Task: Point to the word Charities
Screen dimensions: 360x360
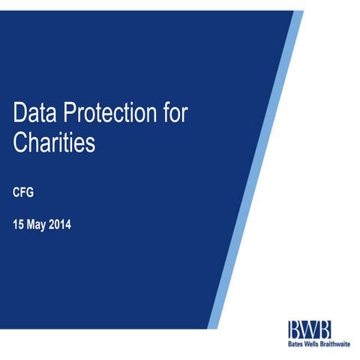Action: click(x=54, y=142)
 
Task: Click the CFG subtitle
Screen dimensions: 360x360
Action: click(x=23, y=192)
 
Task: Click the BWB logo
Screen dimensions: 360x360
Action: click(x=309, y=328)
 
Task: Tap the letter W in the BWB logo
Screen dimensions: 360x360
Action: click(x=309, y=328)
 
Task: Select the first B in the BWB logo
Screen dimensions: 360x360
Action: click(x=294, y=328)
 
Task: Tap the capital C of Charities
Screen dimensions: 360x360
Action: click(x=20, y=142)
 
